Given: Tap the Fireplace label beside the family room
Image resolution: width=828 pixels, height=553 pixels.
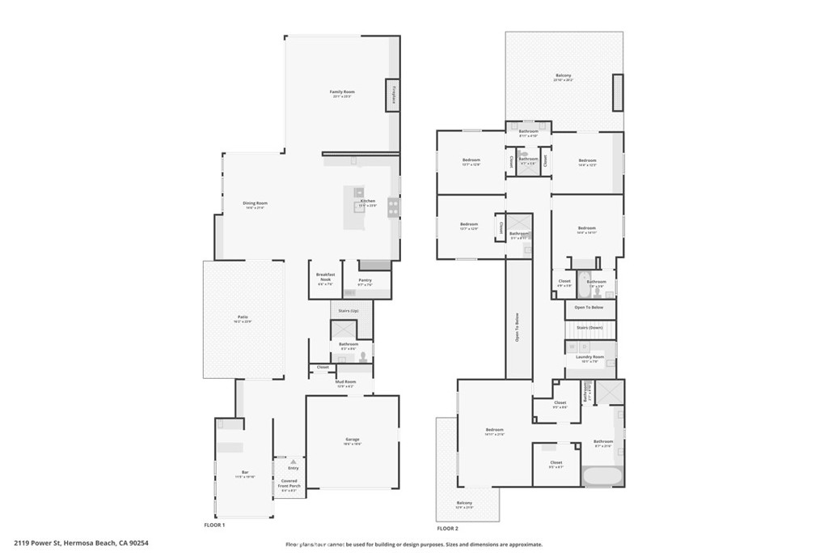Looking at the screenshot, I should (x=394, y=96).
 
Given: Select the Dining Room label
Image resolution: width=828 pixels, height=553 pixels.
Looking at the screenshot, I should (x=256, y=205).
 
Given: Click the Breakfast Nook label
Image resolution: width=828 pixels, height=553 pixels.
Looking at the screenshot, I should (x=325, y=281).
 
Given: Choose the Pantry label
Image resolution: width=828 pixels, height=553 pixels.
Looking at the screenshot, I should (x=365, y=282).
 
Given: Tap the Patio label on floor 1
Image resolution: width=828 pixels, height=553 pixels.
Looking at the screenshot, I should (x=243, y=318).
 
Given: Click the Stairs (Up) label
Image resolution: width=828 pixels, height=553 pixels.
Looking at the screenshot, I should (x=349, y=310).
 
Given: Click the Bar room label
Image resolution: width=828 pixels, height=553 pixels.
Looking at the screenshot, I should (x=244, y=474).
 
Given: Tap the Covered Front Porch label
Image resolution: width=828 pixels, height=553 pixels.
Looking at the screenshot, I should (x=289, y=488).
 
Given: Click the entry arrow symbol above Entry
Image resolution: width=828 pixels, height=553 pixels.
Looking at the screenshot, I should (x=293, y=462).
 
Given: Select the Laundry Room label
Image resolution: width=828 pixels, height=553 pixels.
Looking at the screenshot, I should (x=589, y=359).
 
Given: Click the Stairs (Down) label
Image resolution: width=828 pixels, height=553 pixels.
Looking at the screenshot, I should (x=589, y=327).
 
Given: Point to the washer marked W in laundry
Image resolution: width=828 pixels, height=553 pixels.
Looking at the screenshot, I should (x=572, y=347).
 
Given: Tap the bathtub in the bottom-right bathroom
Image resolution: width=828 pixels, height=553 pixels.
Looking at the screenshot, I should (x=602, y=475).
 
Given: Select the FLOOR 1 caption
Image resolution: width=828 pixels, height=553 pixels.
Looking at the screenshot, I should (x=213, y=525).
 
